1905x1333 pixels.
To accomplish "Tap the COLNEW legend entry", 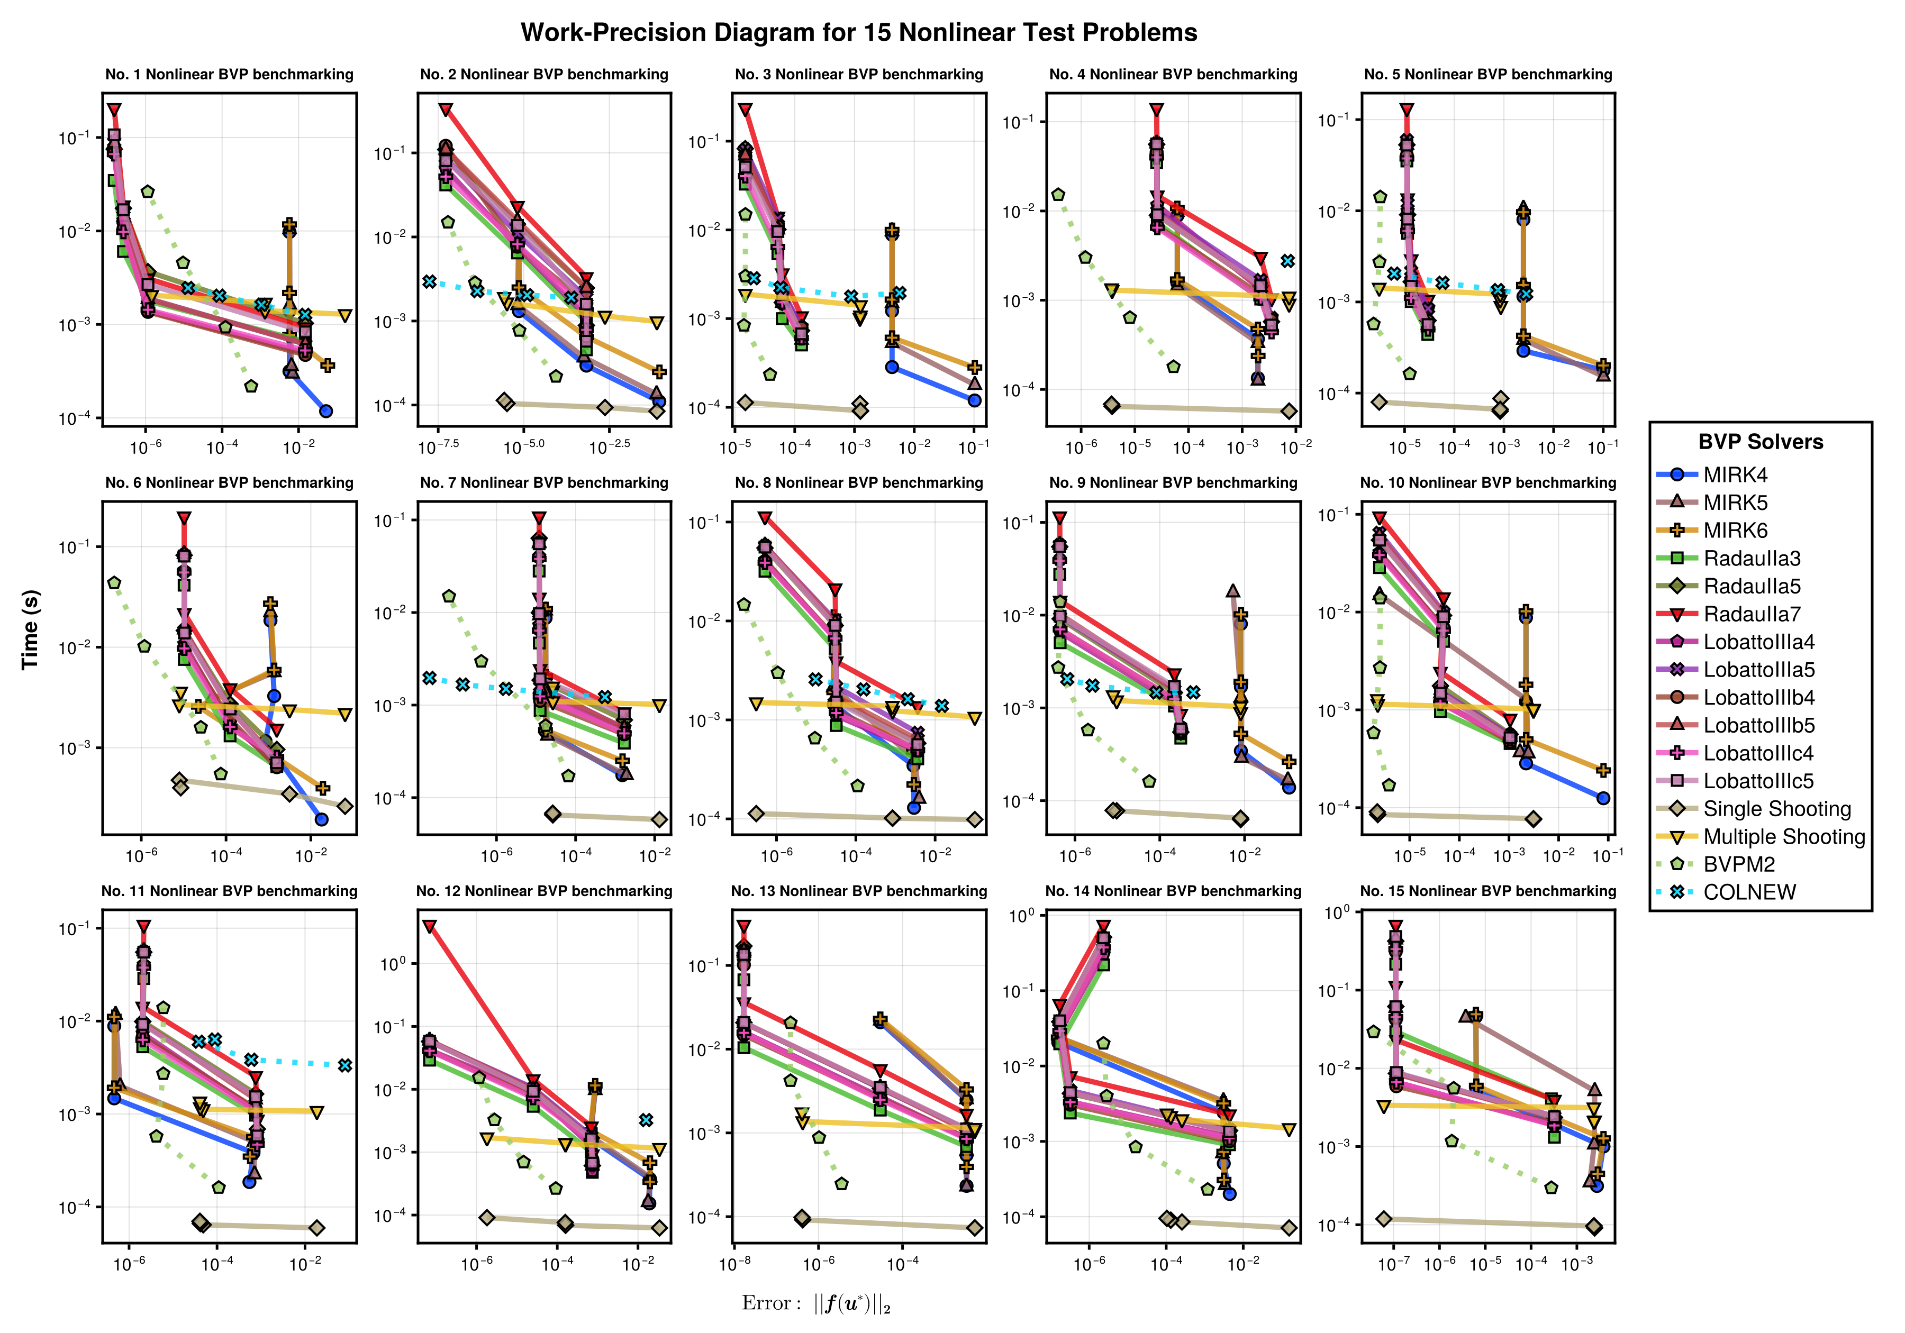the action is pos(1726,892).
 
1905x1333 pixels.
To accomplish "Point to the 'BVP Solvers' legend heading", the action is pos(1761,442).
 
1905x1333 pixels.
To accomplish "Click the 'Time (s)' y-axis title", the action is pos(31,629).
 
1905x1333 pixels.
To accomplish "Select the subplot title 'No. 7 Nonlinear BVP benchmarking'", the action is pos(545,483).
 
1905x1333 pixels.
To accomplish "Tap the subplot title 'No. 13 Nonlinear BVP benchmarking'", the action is pos(859,891).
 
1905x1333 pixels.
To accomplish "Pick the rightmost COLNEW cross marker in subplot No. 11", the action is pos(345,1065).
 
